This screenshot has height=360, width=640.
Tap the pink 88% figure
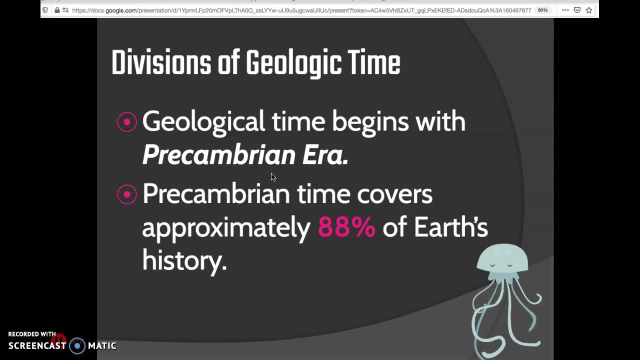pyautogui.click(x=346, y=227)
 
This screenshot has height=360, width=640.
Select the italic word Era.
pyautogui.click(x=325, y=155)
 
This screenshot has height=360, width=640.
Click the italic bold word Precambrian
pyautogui.click(x=218, y=155)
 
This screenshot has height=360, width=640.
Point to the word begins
pyautogui.click(x=370, y=122)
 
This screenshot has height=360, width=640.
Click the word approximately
pyautogui.click(x=226, y=228)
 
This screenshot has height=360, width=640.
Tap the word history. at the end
pyautogui.click(x=184, y=260)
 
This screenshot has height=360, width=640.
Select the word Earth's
pyautogui.click(x=450, y=227)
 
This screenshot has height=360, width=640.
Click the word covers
pyautogui.click(x=394, y=194)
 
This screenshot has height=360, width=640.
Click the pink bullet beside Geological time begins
pyautogui.click(x=127, y=122)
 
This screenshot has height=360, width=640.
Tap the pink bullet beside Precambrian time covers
pyautogui.click(x=127, y=194)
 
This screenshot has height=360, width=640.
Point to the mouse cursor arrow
pyautogui.click(x=273, y=177)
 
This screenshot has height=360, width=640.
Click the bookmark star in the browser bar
pyautogui.click(x=589, y=10)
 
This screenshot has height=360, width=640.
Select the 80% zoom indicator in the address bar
pyautogui.click(x=542, y=10)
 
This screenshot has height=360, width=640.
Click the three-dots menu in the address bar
pyautogui.click(x=565, y=10)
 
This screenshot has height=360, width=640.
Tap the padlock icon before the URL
pyautogui.click(x=57, y=10)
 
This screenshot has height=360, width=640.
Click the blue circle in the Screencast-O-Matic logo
pyautogui.click(x=77, y=345)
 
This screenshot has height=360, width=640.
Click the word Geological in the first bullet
pyautogui.click(x=203, y=122)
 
